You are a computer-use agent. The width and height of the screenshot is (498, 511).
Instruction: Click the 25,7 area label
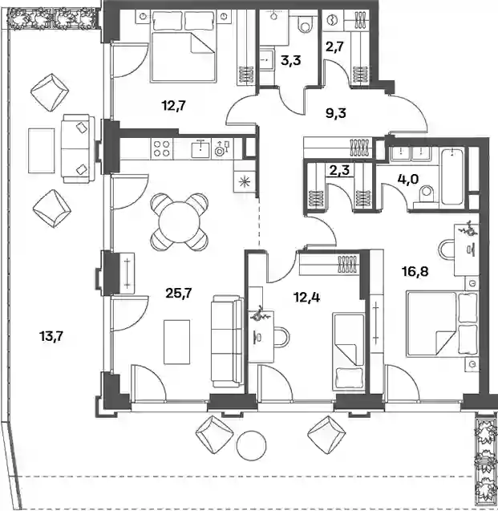(179, 294)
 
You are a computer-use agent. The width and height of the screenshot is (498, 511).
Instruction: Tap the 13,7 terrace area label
(51, 336)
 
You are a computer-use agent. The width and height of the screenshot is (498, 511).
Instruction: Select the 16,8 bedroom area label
(415, 271)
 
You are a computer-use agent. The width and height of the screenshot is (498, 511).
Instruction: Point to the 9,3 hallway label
(336, 113)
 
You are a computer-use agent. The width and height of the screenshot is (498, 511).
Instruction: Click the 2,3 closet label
(339, 170)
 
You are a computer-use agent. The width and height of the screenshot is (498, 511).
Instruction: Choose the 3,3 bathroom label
(291, 61)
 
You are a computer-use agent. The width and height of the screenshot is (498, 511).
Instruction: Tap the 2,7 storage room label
(334, 47)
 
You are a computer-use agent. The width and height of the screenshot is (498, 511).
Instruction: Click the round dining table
(179, 222)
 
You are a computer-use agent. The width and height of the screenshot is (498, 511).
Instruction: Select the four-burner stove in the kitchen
(161, 148)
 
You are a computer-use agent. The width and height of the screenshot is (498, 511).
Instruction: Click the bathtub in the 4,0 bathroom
(453, 176)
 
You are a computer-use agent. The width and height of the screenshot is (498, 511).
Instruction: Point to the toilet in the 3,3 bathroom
(306, 24)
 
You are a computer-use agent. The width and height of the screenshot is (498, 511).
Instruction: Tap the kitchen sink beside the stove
(200, 148)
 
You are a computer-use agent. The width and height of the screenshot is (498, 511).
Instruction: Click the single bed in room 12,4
(349, 351)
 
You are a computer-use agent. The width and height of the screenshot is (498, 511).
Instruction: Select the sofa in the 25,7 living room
(227, 341)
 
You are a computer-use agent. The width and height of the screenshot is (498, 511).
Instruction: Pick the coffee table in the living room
(177, 342)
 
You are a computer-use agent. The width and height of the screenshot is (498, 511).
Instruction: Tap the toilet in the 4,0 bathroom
(426, 196)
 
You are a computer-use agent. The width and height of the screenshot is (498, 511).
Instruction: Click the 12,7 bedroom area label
(174, 106)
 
